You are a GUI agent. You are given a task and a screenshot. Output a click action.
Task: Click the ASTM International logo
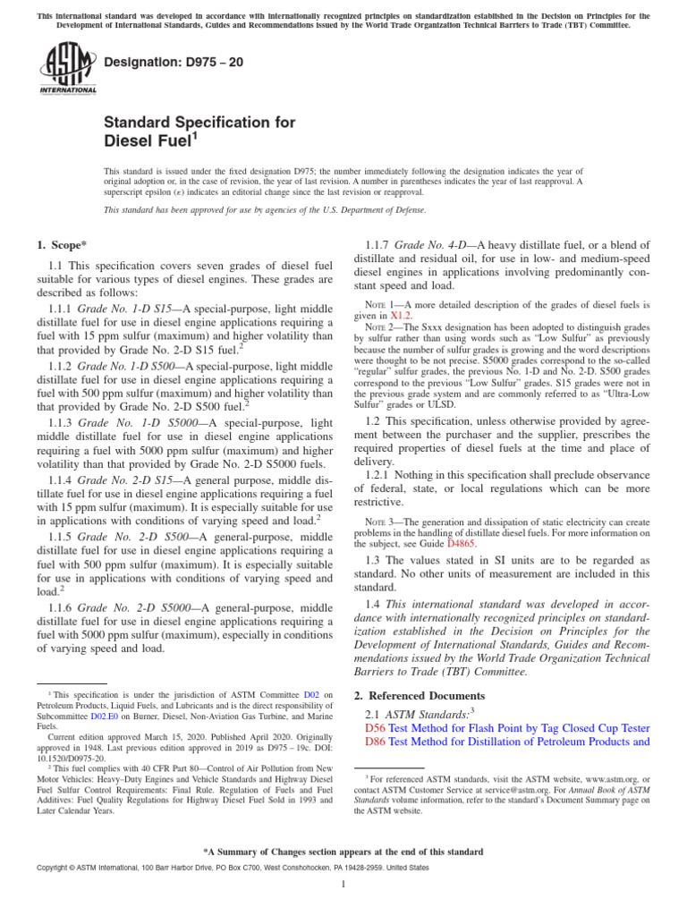[x=67, y=72]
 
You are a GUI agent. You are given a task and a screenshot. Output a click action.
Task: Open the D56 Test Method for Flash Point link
[x=508, y=728]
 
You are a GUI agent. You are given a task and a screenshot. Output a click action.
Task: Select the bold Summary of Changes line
[x=343, y=852]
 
